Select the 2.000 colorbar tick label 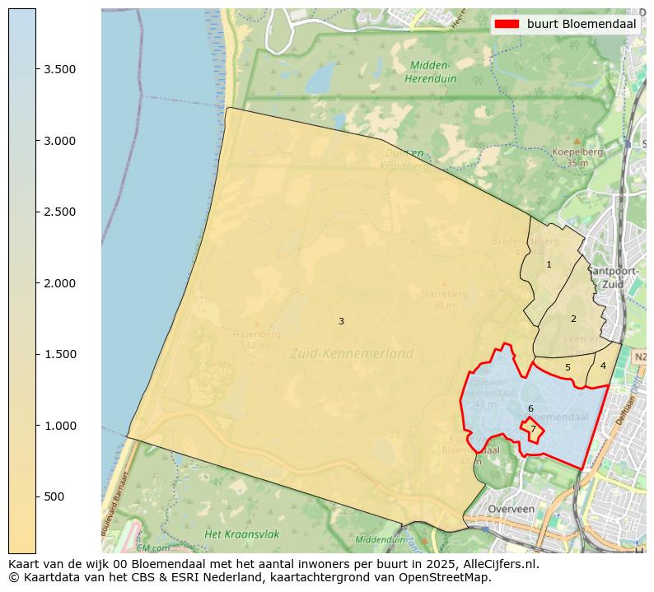coord(59,283)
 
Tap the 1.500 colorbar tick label coord(59,354)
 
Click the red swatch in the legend coord(507,24)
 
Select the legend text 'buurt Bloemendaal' coord(582,24)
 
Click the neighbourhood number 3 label coord(341,321)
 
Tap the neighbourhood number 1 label coord(549,264)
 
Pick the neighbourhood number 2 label coord(573,319)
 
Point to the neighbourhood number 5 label coord(568,367)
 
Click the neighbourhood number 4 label coord(603,366)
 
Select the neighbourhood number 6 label coord(530,408)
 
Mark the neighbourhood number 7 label coord(533,429)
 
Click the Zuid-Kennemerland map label coord(351,353)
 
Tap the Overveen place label coord(511,509)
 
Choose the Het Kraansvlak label coord(241,534)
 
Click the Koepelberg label coord(577,151)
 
